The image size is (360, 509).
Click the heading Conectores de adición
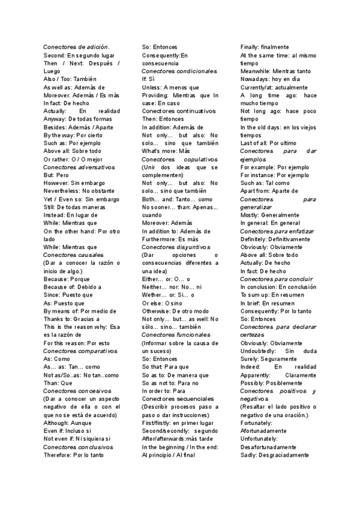coord(76,47)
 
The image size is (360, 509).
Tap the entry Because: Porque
coord(67,279)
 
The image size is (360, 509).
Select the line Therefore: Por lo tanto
coord(74,455)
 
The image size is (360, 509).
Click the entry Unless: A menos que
coord(170,87)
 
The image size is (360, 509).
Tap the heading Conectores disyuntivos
coord(176,247)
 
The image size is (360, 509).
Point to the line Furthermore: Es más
coord(170,239)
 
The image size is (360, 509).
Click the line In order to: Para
coord(164,390)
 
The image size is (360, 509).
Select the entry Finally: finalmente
coord(265,47)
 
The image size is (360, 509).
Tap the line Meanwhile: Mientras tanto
coord(275,71)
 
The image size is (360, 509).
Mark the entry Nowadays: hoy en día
coord(270,79)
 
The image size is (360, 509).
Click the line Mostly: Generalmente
coord(269,215)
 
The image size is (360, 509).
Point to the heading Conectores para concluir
coord(276,279)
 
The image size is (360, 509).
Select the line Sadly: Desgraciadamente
coord(274,455)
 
